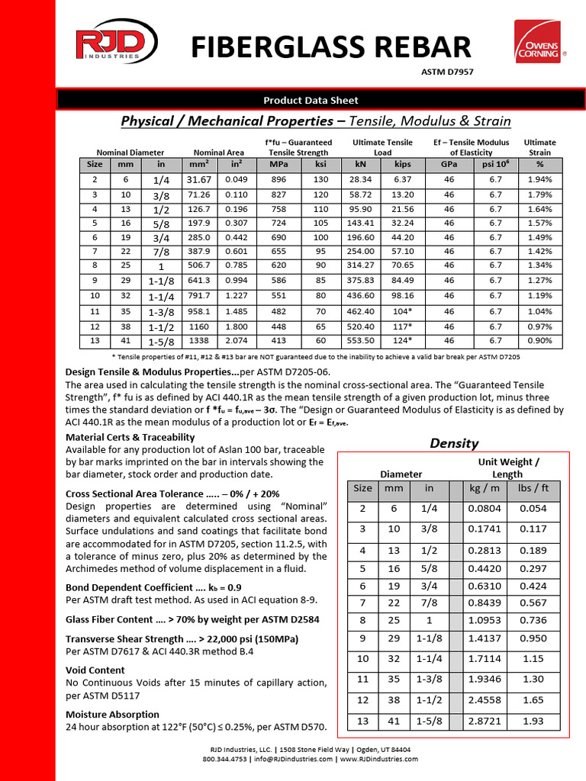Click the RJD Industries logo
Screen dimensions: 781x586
pos(108,45)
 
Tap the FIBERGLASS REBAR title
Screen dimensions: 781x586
pos(330,47)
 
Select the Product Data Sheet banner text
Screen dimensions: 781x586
pos(311,100)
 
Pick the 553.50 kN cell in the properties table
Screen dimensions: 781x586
pos(360,341)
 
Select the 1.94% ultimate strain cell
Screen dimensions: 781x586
pos(539,179)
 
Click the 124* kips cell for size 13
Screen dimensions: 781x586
pos(402,341)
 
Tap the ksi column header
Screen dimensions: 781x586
pos(320,163)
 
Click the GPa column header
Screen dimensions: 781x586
pos(449,163)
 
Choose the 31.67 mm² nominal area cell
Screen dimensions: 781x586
pos(198,179)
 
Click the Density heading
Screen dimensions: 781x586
pos(454,443)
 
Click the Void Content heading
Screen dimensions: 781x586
pos(95,670)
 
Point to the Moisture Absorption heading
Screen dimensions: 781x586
pos(112,715)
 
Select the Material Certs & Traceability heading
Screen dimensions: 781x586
pos(130,437)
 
